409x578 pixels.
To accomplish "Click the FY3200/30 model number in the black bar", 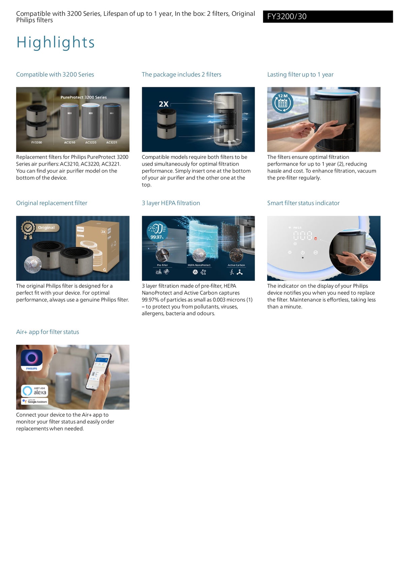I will point(287,16).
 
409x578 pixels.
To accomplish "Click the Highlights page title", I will point(56,42).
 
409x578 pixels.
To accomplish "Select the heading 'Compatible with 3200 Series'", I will point(55,74).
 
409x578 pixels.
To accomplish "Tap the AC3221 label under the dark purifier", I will point(112,142).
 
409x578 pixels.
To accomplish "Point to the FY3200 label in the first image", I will point(37,142).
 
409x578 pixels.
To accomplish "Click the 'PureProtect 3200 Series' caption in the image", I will point(84,97).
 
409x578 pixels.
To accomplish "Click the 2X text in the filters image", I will point(163,104).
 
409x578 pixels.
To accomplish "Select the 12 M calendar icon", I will point(282,102).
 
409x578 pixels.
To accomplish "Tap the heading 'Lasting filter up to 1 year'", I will point(300,74).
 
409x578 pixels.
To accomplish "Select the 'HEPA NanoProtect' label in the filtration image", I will point(199,265).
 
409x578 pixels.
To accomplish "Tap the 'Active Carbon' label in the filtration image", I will point(236,265).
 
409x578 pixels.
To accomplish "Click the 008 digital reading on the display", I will point(303,236).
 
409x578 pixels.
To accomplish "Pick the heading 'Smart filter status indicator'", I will point(303,203).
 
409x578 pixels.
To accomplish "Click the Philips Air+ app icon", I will point(32,360).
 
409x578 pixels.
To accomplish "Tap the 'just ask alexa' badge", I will point(35,391).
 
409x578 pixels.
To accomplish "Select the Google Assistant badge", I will point(35,401).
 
